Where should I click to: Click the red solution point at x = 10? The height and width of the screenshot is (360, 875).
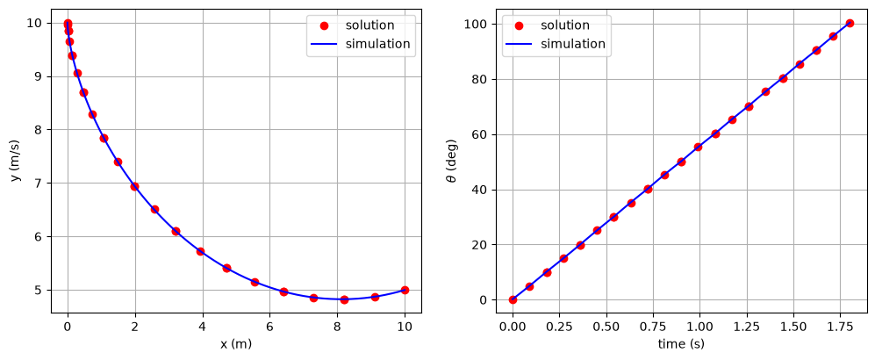405,291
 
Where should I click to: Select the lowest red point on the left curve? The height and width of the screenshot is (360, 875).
344,299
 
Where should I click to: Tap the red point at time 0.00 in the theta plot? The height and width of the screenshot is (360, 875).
513,299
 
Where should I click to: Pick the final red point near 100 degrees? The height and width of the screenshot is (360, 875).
850,24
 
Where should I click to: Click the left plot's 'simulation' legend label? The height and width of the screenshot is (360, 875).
377,44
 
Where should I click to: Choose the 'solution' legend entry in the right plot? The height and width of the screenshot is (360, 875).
564,25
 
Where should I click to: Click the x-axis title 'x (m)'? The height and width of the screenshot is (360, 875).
236,344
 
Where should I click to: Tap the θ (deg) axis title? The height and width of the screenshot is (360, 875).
453,162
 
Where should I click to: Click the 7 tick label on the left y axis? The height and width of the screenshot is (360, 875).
38,183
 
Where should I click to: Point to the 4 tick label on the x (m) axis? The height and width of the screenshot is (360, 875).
203,327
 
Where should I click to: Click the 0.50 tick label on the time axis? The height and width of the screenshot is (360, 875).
606,327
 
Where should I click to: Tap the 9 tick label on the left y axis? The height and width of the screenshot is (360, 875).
38,76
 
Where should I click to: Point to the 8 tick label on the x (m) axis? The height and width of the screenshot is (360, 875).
337,327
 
